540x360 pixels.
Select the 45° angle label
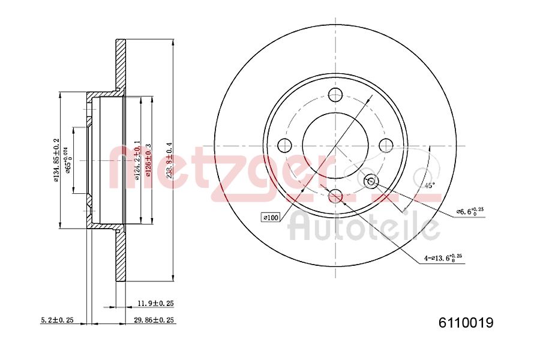429,185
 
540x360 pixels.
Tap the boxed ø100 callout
271,218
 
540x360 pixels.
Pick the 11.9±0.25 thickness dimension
151,304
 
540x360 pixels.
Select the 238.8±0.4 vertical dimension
169,160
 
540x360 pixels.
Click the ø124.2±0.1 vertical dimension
137,160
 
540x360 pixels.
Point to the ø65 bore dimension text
68,160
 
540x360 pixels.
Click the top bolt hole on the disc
335,94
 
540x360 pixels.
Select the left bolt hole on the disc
284,145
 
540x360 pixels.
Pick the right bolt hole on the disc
386,145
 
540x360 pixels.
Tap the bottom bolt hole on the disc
335,196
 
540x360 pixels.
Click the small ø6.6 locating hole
371,181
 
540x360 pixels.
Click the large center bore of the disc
335,145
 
